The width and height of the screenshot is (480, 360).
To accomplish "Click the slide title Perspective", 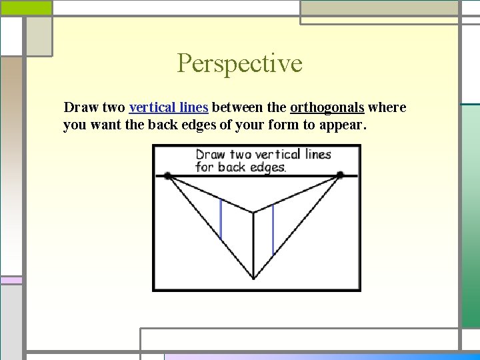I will [x=239, y=64].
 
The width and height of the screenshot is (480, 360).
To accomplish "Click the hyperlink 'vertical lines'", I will [x=169, y=107].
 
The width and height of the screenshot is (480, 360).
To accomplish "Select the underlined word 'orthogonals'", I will [x=327, y=107].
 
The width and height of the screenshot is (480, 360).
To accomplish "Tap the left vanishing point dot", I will [x=167, y=175].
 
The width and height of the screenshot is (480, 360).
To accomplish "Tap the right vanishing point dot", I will [x=340, y=175].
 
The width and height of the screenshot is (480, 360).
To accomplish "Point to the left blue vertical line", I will [x=221, y=220].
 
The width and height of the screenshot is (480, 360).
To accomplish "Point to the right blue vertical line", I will [x=273, y=230].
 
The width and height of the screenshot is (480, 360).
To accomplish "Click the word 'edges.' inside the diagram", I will [x=267, y=167].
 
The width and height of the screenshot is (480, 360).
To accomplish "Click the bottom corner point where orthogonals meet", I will [x=253, y=278].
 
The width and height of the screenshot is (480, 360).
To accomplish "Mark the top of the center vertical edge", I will [x=253, y=213].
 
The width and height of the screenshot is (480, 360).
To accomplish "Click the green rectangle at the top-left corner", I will [x=25, y=7].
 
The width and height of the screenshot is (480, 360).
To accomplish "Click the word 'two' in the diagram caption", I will [x=238, y=154].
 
